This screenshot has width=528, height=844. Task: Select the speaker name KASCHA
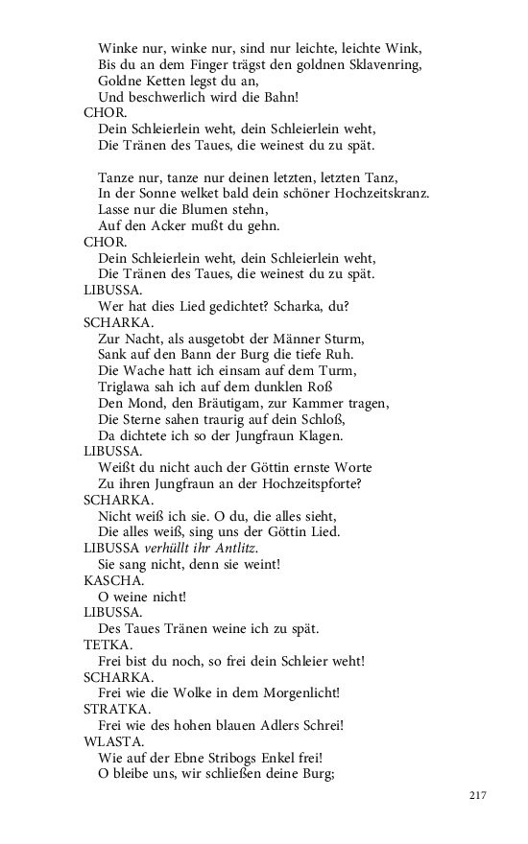click(108, 580)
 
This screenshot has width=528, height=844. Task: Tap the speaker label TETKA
click(103, 645)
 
